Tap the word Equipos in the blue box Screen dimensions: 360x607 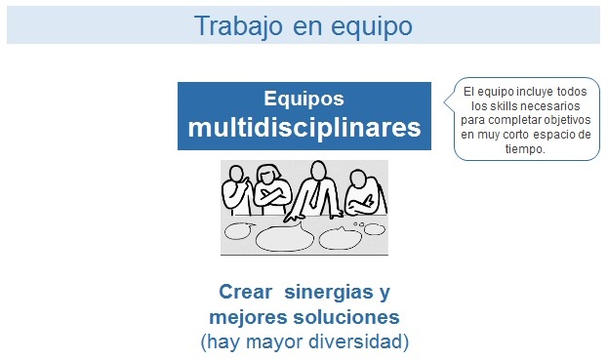click(303, 99)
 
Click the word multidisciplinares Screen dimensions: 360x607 click(304, 128)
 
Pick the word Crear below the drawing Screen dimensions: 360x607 click(245, 293)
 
